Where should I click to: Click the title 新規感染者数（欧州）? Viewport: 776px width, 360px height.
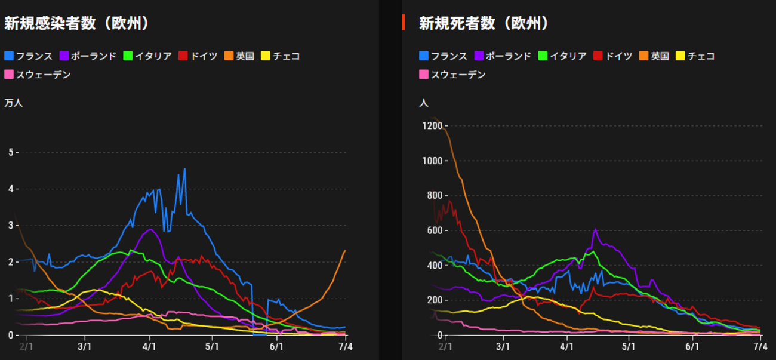76,23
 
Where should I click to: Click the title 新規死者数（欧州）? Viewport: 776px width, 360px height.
484,23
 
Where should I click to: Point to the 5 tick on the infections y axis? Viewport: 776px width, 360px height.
10,152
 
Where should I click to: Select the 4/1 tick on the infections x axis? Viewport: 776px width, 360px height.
149,346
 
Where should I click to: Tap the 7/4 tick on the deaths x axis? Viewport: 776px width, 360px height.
760,346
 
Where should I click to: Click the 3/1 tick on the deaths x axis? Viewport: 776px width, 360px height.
503,346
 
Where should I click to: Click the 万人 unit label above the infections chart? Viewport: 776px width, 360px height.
13,103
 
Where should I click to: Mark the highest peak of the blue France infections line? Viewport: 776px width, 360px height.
184,169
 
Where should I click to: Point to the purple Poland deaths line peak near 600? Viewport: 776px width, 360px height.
595,229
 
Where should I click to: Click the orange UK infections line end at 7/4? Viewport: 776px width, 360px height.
345,251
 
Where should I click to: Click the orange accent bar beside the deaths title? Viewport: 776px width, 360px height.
404,23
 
